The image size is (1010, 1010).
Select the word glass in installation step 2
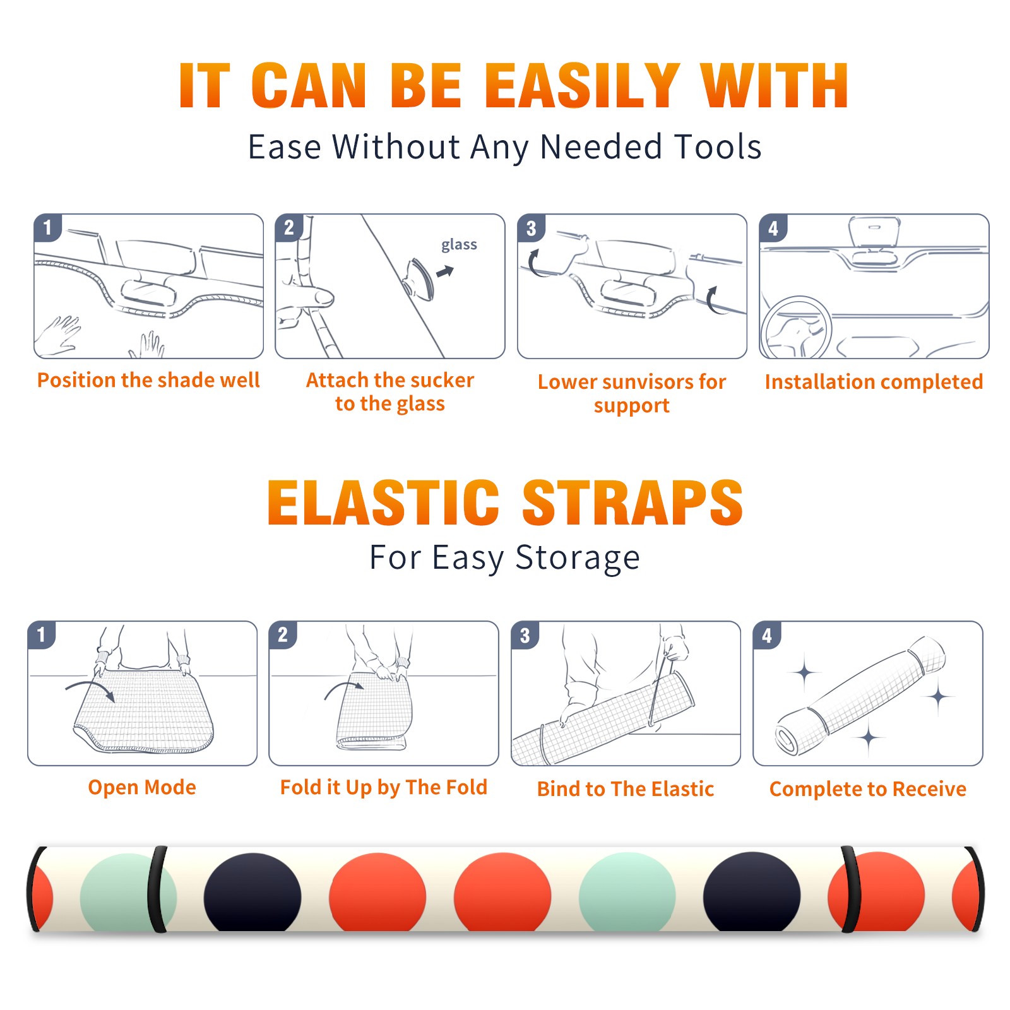pyautogui.click(x=459, y=244)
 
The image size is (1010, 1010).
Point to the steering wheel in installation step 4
pyautogui.click(x=796, y=328)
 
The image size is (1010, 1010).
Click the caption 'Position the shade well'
pyautogui.click(x=148, y=380)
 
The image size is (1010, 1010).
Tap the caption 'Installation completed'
pyautogui.click(x=874, y=382)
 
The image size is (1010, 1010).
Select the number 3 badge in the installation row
pyautogui.click(x=531, y=229)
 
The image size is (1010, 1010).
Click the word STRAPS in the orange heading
pyautogui.click(x=633, y=502)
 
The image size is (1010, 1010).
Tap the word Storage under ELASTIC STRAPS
pyautogui.click(x=578, y=558)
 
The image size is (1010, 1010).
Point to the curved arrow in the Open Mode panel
pyautogui.click(x=90, y=689)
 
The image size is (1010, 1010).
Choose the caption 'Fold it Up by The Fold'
pyautogui.click(x=384, y=787)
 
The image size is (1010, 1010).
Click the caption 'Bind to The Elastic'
pyautogui.click(x=626, y=789)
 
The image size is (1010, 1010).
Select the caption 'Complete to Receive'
pyautogui.click(x=868, y=789)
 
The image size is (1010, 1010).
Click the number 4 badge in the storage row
pyautogui.click(x=767, y=635)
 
